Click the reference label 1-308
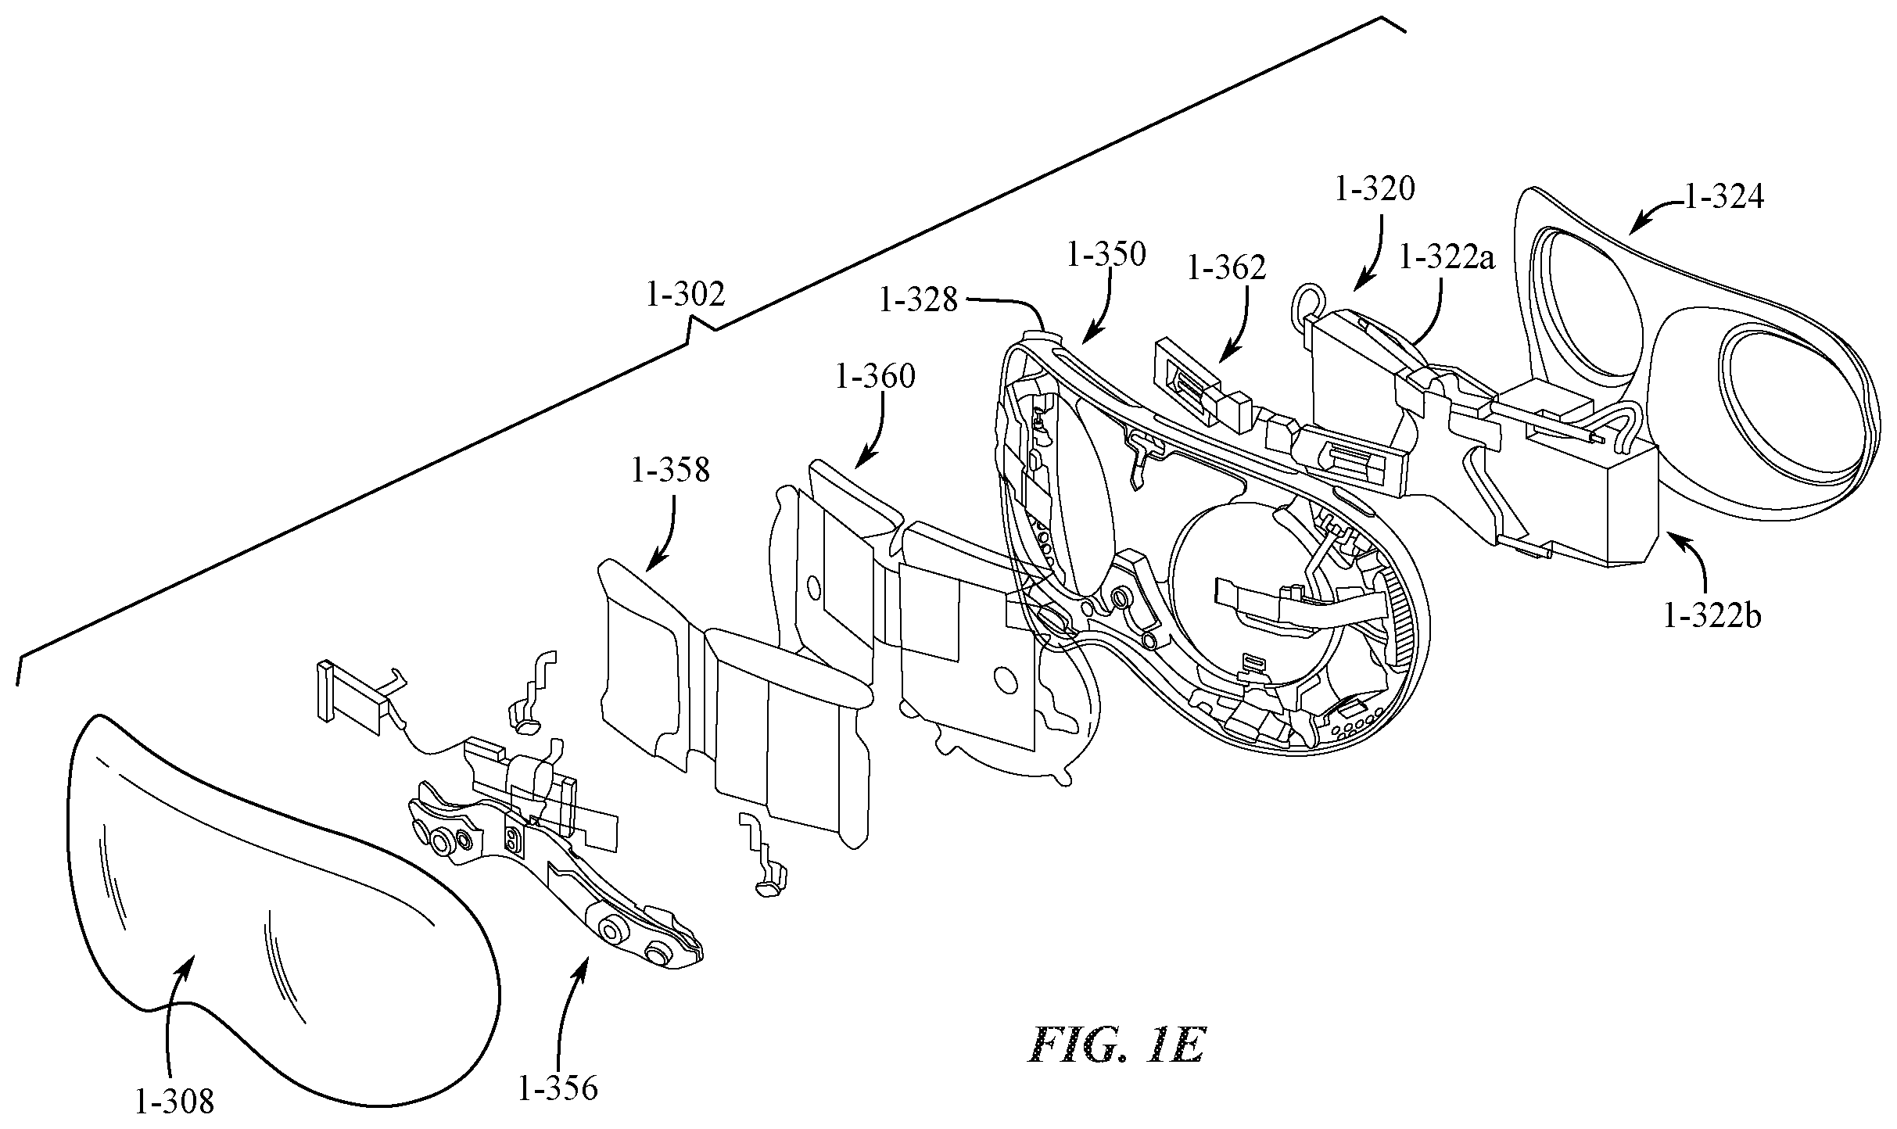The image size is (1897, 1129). pyautogui.click(x=174, y=1102)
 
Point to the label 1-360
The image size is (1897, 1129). pyautogui.click(x=875, y=376)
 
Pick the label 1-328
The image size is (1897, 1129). pyautogui.click(x=918, y=299)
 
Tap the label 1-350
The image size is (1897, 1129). pyautogui.click(x=1106, y=254)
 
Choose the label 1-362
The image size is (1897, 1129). pyautogui.click(x=1226, y=268)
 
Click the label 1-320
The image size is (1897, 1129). pyautogui.click(x=1375, y=188)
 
